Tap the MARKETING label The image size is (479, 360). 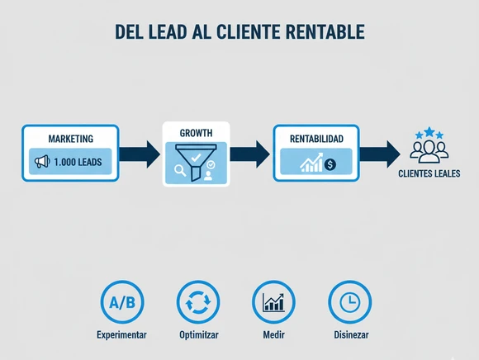pos(71,139)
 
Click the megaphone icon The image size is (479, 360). pos(42,162)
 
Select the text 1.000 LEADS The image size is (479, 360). pos(78,162)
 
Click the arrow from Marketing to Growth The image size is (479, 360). pos(140,154)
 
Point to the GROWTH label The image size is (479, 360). pos(196,133)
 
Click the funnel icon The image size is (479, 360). pos(196,162)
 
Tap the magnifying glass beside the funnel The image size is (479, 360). pos(180,170)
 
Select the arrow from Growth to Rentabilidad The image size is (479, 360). pos(250,154)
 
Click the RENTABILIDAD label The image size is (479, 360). pos(316,139)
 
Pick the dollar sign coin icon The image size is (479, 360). pos(330,164)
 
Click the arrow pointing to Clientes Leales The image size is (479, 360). pos(380,154)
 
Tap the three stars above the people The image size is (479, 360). pos(429,133)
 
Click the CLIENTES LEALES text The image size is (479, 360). pos(429,173)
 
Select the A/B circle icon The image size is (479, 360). pos(122,302)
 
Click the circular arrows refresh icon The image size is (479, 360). pos(198,302)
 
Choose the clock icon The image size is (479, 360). pos(350,302)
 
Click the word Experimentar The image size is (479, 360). pos(121,334)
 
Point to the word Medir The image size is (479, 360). pos(273,334)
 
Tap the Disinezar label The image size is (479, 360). pos(351,334)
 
